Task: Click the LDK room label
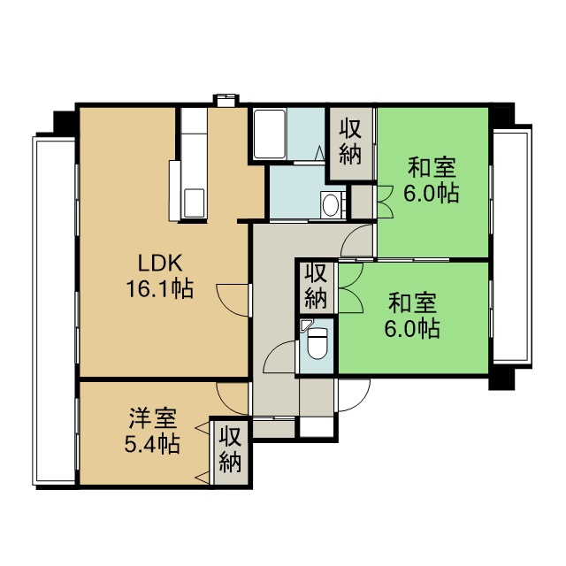click(160, 264)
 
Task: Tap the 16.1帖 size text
click(159, 288)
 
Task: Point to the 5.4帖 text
click(152, 444)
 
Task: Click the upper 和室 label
click(432, 167)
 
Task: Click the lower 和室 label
click(412, 302)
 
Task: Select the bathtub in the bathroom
click(270, 134)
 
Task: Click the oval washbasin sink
click(330, 205)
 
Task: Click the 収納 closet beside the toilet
click(316, 287)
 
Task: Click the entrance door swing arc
click(361, 401)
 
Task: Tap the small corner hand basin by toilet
click(305, 325)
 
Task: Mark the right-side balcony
click(512, 246)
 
